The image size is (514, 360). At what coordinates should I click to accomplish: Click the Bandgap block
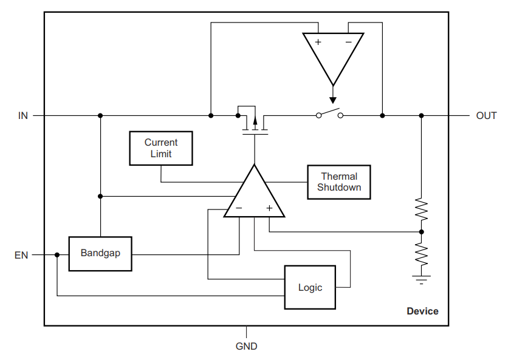pyautogui.click(x=100, y=254)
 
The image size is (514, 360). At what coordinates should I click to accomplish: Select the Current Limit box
pyautogui.click(x=161, y=148)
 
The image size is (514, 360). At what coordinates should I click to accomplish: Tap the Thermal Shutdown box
pyautogui.click(x=339, y=182)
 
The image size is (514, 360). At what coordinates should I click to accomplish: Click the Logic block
pyautogui.click(x=310, y=287)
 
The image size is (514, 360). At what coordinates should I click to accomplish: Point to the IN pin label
pyautogui.click(x=23, y=115)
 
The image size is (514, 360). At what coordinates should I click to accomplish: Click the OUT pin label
pyautogui.click(x=486, y=115)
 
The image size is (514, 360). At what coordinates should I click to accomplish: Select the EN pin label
pyautogui.click(x=21, y=255)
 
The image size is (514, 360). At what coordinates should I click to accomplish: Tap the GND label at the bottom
pyautogui.click(x=247, y=346)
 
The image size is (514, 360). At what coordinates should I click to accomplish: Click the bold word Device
pyautogui.click(x=422, y=311)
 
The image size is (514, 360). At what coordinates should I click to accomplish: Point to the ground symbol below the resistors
pyautogui.click(x=422, y=280)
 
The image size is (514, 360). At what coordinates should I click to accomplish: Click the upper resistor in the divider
pyautogui.click(x=422, y=209)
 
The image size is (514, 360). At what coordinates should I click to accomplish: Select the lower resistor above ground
pyautogui.click(x=422, y=254)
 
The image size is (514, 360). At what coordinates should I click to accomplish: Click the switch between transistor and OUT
pyautogui.click(x=329, y=114)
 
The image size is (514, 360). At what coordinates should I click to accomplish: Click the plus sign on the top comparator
pyautogui.click(x=318, y=42)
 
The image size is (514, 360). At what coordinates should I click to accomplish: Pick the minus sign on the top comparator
pyautogui.click(x=349, y=42)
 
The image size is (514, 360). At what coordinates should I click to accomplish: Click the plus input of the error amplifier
pyautogui.click(x=269, y=208)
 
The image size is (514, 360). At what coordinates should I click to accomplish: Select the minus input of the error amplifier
pyautogui.click(x=239, y=208)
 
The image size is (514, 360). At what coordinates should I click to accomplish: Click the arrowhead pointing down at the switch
pyautogui.click(x=333, y=100)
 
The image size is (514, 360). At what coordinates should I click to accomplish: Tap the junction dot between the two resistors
pyautogui.click(x=422, y=232)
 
